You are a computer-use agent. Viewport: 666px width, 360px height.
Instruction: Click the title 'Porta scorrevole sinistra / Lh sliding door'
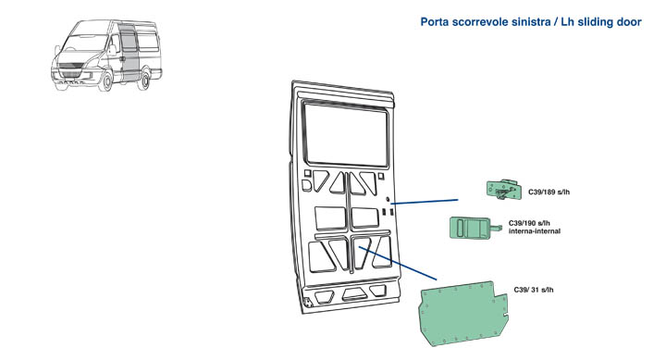coord(531,21)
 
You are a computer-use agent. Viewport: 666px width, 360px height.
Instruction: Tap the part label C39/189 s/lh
coord(549,192)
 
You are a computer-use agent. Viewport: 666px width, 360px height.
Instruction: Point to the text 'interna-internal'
coord(535,231)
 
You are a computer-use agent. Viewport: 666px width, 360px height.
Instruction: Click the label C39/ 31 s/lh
coord(534,290)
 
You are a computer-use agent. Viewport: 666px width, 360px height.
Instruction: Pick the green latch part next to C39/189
coord(504,189)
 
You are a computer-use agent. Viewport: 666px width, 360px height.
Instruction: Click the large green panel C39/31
coord(461,313)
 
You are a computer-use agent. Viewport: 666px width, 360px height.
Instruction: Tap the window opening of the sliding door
coord(346,135)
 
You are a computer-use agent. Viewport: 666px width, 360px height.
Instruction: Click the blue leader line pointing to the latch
coord(425,202)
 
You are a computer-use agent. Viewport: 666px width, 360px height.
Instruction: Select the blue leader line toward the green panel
coord(398,263)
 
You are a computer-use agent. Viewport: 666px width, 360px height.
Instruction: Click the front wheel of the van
coord(105,81)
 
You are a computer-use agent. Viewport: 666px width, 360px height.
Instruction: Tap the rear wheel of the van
coord(145,79)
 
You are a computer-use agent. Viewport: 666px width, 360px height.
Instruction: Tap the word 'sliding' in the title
coord(596,22)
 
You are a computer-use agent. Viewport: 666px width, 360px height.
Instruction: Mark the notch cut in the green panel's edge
coord(505,315)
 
